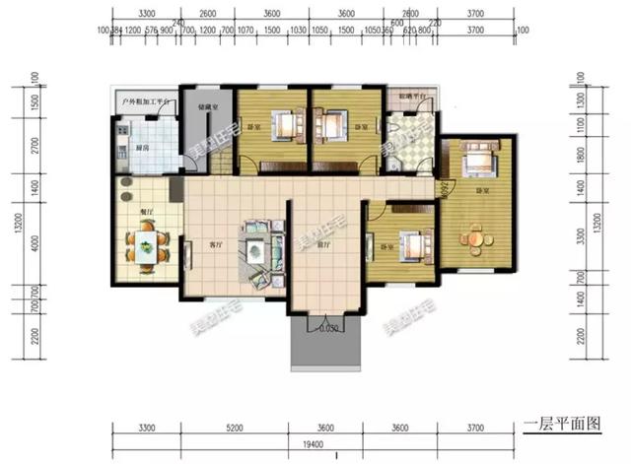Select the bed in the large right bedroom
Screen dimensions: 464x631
click(x=479, y=158)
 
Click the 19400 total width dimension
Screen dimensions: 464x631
click(x=315, y=445)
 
